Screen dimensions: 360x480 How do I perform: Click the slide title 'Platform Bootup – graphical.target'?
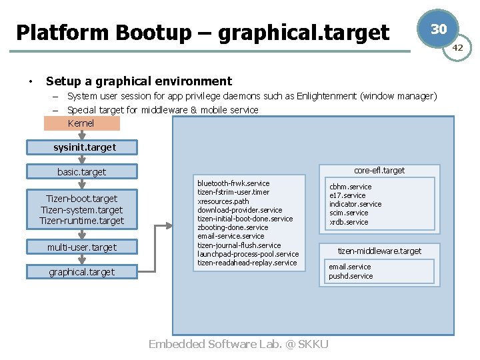[x=203, y=32]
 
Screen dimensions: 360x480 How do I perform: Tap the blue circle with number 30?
[x=438, y=29]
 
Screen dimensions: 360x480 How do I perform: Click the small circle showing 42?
[x=458, y=47]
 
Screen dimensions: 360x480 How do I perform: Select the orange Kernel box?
[x=81, y=123]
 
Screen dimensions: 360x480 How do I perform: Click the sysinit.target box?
[x=82, y=147]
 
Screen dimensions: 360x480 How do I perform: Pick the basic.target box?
[x=82, y=172]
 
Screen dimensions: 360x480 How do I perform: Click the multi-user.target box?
[x=82, y=247]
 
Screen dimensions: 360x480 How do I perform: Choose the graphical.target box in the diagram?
[x=82, y=272]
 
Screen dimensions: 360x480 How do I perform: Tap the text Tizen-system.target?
[x=82, y=210]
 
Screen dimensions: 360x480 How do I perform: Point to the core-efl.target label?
[x=379, y=171]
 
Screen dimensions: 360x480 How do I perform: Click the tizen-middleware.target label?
[x=379, y=251]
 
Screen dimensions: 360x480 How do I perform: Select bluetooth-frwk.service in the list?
[x=233, y=183]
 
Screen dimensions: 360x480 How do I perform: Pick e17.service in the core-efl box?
[x=347, y=195]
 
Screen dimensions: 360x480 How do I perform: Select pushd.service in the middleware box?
[x=351, y=276]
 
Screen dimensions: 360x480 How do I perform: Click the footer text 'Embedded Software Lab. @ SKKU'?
[x=239, y=344]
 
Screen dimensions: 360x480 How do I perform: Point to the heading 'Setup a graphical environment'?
[x=139, y=81]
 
